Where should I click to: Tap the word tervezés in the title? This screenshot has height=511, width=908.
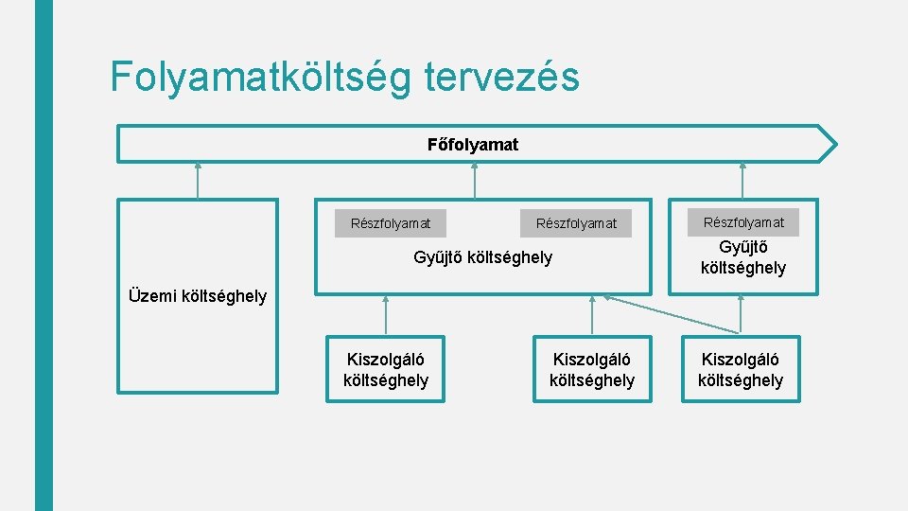tap(501, 77)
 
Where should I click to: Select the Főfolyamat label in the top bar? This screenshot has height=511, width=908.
tap(473, 145)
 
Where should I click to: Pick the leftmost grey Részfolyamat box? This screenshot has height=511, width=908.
tap(391, 223)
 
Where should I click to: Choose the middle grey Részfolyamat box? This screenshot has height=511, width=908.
tap(576, 223)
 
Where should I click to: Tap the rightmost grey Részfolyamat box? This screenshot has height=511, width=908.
tap(743, 222)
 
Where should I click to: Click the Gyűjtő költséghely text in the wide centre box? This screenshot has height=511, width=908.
tap(483, 257)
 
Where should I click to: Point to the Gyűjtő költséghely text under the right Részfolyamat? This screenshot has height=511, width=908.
tap(743, 258)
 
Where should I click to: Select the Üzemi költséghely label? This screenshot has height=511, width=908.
tap(198, 296)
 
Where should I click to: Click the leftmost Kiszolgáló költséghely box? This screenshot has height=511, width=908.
tap(386, 369)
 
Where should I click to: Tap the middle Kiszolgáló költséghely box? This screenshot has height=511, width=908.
tap(592, 369)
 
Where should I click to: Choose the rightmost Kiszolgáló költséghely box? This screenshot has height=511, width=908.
tap(741, 369)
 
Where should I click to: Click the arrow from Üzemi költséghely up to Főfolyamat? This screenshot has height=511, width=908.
tap(198, 181)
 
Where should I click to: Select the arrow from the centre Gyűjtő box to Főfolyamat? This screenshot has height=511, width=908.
tap(475, 181)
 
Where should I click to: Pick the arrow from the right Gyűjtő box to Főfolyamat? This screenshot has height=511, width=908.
tap(742, 181)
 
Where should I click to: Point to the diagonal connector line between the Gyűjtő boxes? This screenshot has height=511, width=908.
tap(672, 314)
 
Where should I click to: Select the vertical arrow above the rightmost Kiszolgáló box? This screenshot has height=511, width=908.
tap(741, 315)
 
